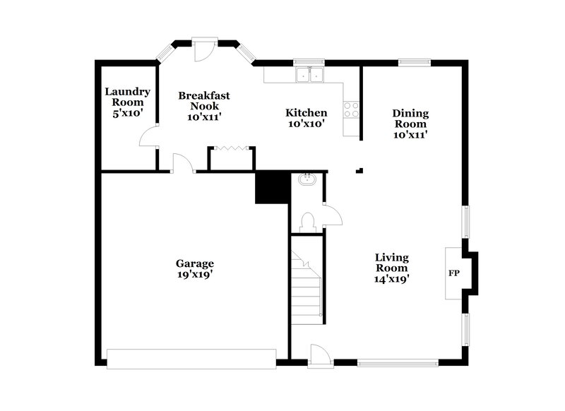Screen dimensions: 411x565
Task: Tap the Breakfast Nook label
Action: pos(204,106)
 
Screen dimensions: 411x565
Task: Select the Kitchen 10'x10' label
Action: pos(306,118)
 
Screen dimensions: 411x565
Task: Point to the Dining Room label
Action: pos(410,123)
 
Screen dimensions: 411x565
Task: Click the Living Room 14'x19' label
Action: pos(392,268)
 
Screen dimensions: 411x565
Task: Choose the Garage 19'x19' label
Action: pos(195,269)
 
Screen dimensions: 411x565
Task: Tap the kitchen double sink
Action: pos(308,75)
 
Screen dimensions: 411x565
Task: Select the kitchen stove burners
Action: pos(351,109)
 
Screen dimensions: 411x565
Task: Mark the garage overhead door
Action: pos(191,358)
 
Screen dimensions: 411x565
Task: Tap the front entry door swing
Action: pos(318,352)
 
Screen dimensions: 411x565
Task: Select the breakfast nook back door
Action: pos(203,49)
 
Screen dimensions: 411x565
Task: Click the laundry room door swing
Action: pos(148,137)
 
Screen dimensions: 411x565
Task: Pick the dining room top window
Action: pos(414,62)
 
